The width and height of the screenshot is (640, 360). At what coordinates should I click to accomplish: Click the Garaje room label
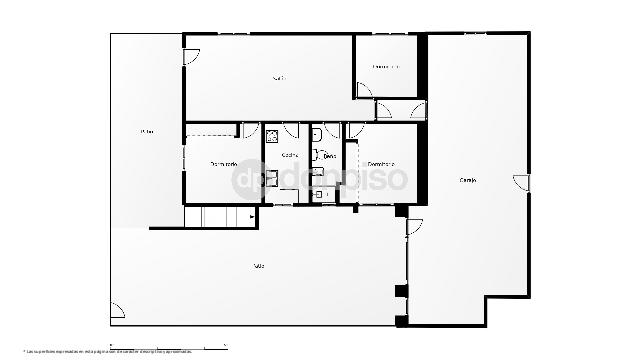click(x=468, y=180)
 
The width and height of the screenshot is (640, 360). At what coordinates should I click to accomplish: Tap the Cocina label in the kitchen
click(x=289, y=155)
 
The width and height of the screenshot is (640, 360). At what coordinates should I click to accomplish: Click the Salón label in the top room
click(x=279, y=77)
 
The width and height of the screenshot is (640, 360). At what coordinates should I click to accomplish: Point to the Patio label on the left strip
click(x=146, y=131)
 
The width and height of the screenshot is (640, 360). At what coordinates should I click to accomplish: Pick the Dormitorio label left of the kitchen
click(x=223, y=164)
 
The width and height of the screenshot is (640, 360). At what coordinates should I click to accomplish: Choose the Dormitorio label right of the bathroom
click(x=381, y=164)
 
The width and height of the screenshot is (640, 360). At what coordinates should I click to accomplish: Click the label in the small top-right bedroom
click(x=386, y=67)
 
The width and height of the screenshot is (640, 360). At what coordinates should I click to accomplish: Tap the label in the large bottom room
click(x=259, y=265)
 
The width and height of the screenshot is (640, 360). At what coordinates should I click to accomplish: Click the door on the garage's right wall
click(x=520, y=181)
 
